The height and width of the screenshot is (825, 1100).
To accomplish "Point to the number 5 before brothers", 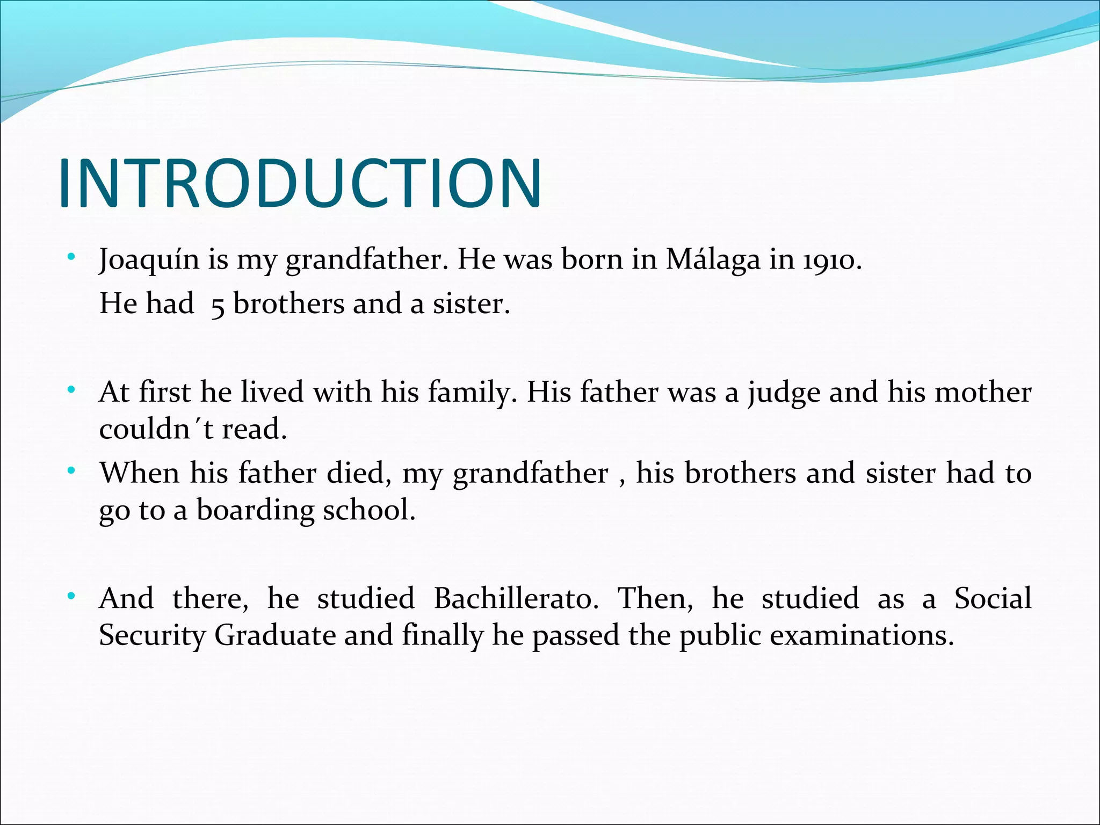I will (218, 305).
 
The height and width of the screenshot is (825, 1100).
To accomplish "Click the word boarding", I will (255, 511).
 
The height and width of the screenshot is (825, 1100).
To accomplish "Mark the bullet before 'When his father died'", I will (71, 471).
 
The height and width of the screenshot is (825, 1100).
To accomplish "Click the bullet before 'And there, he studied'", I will (71, 596).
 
